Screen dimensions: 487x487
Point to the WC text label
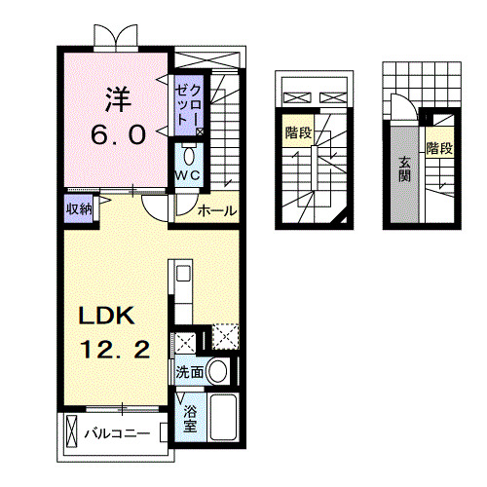(187, 174)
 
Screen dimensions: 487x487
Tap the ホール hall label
(215, 209)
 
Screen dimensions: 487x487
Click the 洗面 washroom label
(190, 372)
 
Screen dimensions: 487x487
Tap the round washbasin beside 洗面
(219, 371)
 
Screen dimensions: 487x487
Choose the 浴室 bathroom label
(190, 418)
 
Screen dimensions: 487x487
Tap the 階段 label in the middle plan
(298, 132)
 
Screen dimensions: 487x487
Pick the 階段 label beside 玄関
(439, 149)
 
